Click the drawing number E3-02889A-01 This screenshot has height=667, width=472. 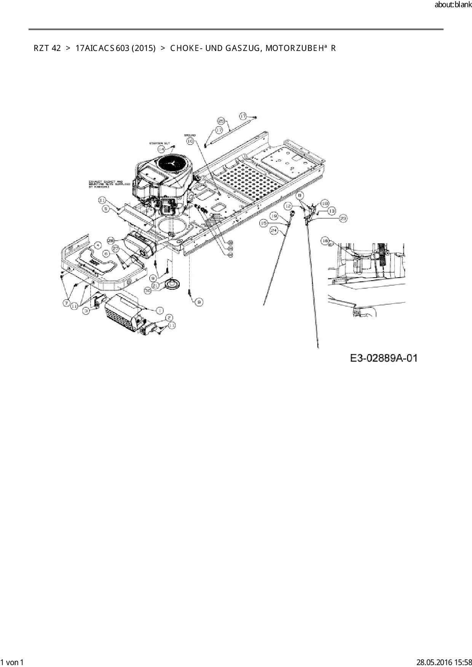384,358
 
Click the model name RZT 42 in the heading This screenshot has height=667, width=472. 47,48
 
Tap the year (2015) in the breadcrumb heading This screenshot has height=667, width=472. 144,48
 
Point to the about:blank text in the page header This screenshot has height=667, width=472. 453,5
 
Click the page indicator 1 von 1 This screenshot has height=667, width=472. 12,662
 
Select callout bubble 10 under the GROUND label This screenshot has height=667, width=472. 190,141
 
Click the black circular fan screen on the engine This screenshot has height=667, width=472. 173,164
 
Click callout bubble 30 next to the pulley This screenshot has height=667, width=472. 148,290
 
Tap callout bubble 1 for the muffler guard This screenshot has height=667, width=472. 159,310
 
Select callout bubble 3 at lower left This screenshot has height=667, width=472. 87,311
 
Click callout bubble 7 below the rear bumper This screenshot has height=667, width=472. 67,303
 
